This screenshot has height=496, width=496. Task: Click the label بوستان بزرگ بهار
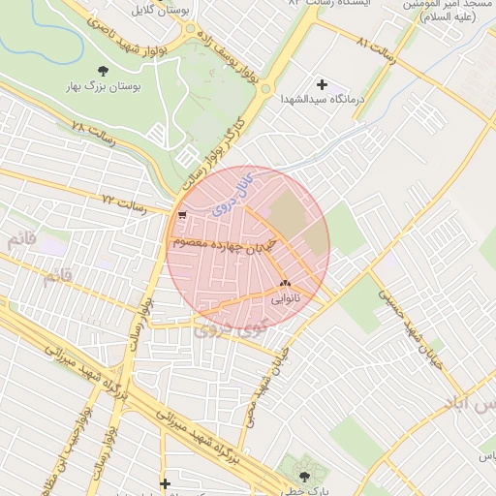click(x=104, y=87)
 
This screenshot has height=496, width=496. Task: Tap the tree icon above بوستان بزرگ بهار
click(x=104, y=71)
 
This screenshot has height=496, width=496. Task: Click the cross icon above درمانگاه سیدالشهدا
click(x=322, y=85)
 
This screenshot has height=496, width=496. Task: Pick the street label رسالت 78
click(x=93, y=134)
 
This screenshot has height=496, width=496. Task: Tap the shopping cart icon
click(x=182, y=216)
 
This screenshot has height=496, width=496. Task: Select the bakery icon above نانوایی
click(x=285, y=285)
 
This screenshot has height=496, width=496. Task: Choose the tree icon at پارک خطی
click(x=306, y=477)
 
